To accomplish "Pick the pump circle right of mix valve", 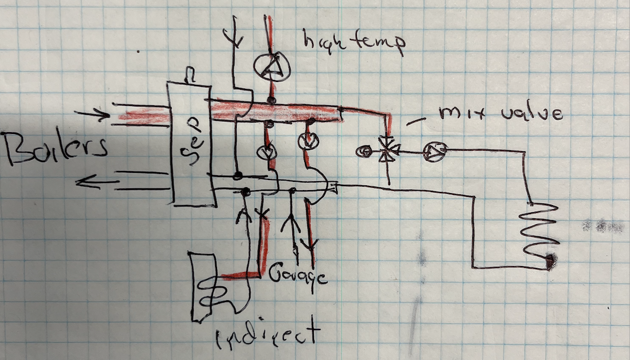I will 432,152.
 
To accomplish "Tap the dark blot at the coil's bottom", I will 550,261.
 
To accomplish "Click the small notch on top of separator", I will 191,75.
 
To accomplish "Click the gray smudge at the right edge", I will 598,226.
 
